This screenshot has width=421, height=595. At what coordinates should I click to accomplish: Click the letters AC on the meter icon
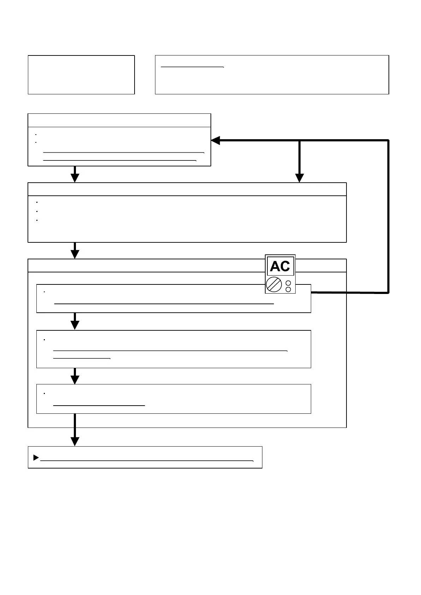(x=280, y=266)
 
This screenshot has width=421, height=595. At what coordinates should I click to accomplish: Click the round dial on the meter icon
(x=273, y=284)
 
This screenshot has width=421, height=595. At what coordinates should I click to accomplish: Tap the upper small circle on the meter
(x=288, y=283)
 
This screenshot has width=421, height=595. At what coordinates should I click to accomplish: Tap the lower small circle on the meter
(x=288, y=289)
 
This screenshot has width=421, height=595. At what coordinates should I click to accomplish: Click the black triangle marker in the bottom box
(x=36, y=458)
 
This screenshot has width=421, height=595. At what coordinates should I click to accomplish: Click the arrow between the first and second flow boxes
(x=75, y=176)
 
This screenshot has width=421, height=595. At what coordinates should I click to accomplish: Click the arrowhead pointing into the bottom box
(x=75, y=441)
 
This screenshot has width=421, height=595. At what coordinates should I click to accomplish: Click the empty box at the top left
(x=81, y=75)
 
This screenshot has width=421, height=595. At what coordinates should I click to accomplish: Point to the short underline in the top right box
(x=192, y=66)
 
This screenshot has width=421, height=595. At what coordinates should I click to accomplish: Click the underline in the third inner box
(x=99, y=405)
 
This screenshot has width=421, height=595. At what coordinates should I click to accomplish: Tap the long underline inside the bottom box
(x=147, y=461)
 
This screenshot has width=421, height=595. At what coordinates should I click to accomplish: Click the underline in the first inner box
(x=164, y=304)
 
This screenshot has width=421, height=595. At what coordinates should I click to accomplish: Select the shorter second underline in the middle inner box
(x=82, y=358)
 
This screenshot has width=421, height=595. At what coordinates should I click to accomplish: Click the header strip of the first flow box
(x=119, y=120)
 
